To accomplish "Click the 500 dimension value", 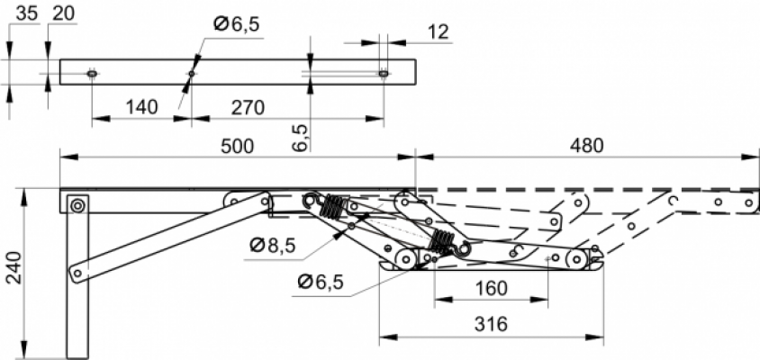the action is pyautogui.click(x=237, y=146).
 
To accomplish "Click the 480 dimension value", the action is pyautogui.click(x=587, y=146).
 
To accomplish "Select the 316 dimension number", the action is pyautogui.click(x=491, y=324).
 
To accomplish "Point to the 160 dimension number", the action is pyautogui.click(x=491, y=288).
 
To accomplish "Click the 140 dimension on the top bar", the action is pyautogui.click(x=142, y=107).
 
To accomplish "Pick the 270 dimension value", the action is pyautogui.click(x=248, y=107).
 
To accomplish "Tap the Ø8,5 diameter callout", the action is pyautogui.click(x=273, y=246).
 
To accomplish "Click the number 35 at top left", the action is pyautogui.click(x=27, y=13).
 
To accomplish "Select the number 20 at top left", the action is pyautogui.click(x=64, y=13).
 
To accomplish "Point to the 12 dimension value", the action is pyautogui.click(x=439, y=32).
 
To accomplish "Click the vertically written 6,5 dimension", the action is pyautogui.click(x=300, y=138).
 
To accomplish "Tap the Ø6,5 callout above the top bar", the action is pyautogui.click(x=237, y=23).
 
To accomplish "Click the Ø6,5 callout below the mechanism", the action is pyautogui.click(x=321, y=282).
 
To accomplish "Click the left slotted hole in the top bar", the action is pyautogui.click(x=92, y=74).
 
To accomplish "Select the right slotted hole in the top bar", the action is pyautogui.click(x=384, y=74).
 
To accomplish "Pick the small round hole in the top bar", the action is pyautogui.click(x=192, y=74).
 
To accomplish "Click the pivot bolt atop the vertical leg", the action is pyautogui.click(x=77, y=206).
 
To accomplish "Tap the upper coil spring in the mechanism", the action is pyautogui.click(x=331, y=206).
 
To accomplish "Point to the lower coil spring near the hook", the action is pyautogui.click(x=441, y=241).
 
